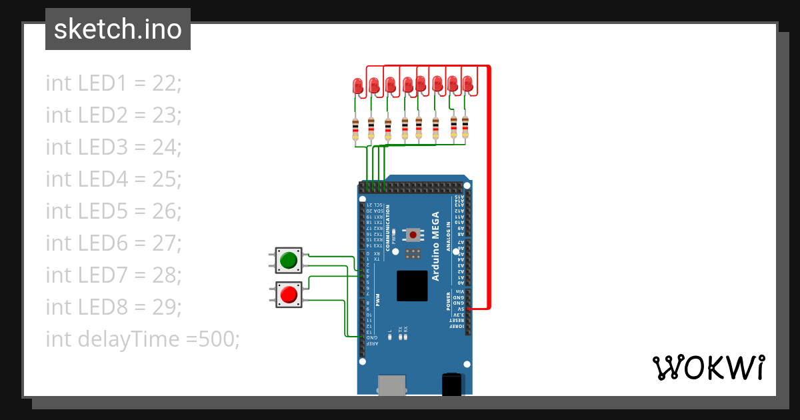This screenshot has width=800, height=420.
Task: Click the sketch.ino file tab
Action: tap(118, 29)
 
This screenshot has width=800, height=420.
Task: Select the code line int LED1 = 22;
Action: tap(113, 83)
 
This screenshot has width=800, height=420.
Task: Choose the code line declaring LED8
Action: tap(113, 307)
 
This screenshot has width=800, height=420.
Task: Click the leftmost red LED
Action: tap(357, 85)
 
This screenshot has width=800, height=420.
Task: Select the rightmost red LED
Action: tap(467, 83)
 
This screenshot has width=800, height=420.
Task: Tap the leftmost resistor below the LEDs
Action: tap(355, 129)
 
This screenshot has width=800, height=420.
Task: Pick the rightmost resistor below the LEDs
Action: tap(465, 127)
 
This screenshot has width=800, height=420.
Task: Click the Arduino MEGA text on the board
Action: tap(435, 246)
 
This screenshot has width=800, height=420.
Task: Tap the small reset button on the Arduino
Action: tap(414, 235)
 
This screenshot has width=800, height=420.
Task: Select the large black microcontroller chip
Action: tap(412, 286)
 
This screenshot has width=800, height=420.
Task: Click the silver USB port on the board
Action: tap(391, 385)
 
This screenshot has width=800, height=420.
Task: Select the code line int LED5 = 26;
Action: tap(113, 211)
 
